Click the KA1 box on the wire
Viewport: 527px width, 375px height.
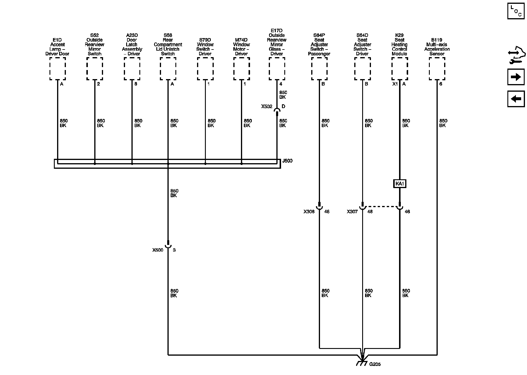click(x=400, y=184)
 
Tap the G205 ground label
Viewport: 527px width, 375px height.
click(x=375, y=364)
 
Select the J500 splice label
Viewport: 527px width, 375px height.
click(x=287, y=161)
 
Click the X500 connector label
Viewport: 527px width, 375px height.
click(x=158, y=250)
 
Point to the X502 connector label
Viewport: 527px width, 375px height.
click(x=267, y=107)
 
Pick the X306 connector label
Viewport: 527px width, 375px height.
click(x=309, y=212)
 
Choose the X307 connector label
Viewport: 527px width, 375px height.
click(x=352, y=212)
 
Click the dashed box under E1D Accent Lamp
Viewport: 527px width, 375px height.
click(x=57, y=69)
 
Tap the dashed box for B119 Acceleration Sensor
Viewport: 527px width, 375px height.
click(x=437, y=69)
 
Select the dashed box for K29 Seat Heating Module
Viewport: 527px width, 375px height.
click(x=400, y=69)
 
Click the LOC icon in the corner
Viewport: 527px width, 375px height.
click(x=516, y=11)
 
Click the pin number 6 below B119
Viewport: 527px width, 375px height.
click(x=441, y=84)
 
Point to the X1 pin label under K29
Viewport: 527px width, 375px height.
click(x=395, y=84)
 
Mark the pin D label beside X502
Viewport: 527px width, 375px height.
click(x=283, y=106)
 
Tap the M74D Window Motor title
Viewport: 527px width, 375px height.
click(x=241, y=47)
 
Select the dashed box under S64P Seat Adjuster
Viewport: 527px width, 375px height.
click(x=319, y=69)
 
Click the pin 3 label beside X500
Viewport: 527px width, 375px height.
click(x=174, y=250)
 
